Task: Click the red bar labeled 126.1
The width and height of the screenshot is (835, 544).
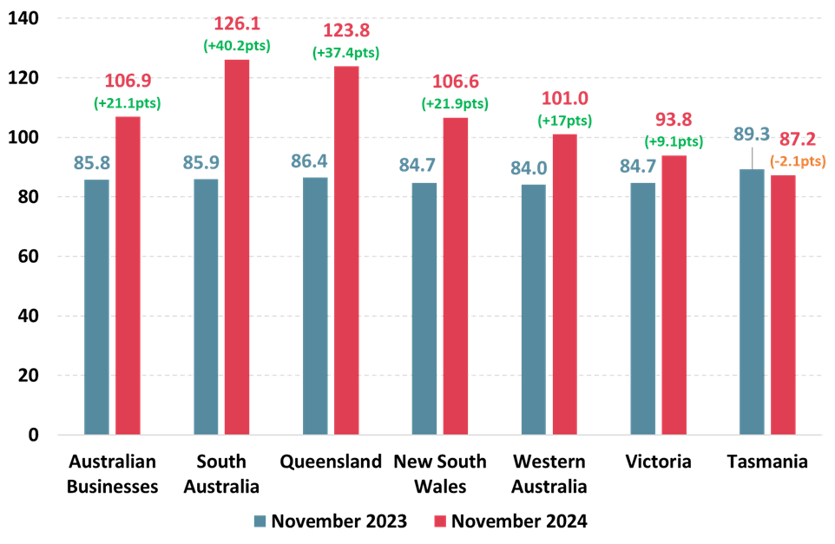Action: (x=237, y=246)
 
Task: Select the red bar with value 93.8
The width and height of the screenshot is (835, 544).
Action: (x=674, y=295)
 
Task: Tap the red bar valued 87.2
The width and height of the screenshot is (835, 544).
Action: (x=783, y=305)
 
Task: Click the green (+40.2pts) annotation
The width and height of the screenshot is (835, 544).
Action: (x=237, y=46)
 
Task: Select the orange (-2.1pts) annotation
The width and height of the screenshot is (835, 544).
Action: (x=798, y=161)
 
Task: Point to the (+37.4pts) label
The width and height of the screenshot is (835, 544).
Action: (x=345, y=53)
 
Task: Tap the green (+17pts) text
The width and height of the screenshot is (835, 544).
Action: (x=564, y=121)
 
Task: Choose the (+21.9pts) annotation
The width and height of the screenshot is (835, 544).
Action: (x=455, y=104)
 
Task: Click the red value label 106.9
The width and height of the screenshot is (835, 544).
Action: (x=128, y=81)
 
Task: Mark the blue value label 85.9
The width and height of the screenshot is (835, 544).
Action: (x=206, y=162)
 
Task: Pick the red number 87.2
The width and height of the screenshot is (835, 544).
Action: (x=797, y=139)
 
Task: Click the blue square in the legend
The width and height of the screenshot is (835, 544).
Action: (x=260, y=521)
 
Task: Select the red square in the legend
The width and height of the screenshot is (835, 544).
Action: (x=440, y=521)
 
